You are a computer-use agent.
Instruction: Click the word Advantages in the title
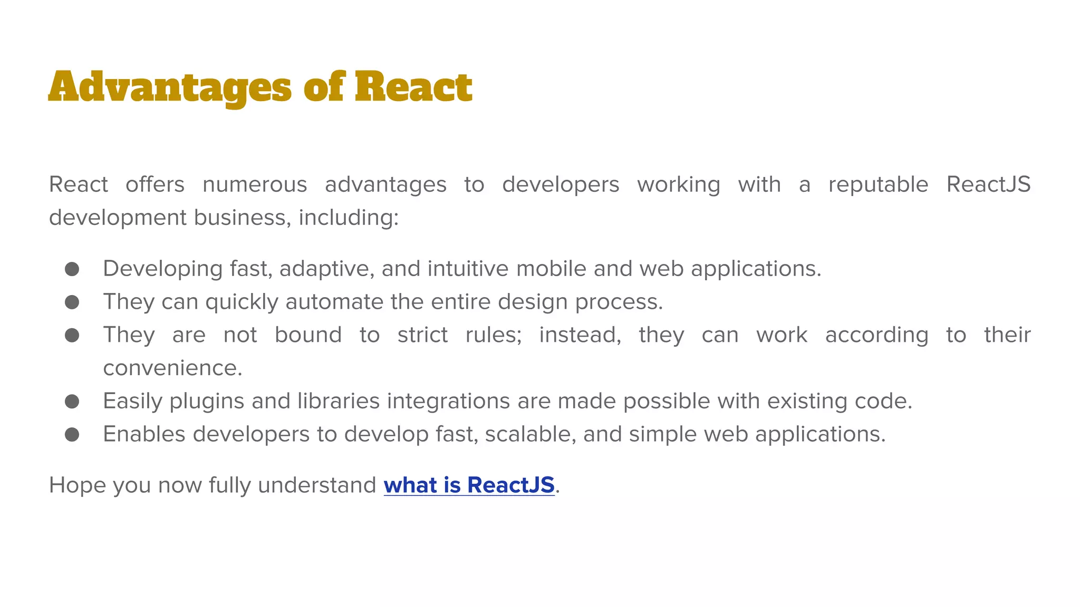(x=169, y=87)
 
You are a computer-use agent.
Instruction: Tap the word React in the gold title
(x=413, y=87)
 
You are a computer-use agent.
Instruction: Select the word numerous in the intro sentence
(x=255, y=184)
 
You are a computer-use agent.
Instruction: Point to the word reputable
(x=878, y=184)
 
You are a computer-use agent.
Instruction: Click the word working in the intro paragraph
(x=679, y=184)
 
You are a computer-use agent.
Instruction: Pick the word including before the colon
(x=348, y=218)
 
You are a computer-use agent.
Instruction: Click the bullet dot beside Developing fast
(x=72, y=269)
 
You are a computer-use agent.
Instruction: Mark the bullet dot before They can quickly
(x=72, y=302)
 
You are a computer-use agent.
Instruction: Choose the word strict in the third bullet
(x=422, y=335)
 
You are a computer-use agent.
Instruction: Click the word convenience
(x=172, y=368)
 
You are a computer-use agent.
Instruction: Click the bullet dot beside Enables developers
(x=72, y=434)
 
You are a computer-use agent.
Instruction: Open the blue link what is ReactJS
(x=469, y=485)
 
